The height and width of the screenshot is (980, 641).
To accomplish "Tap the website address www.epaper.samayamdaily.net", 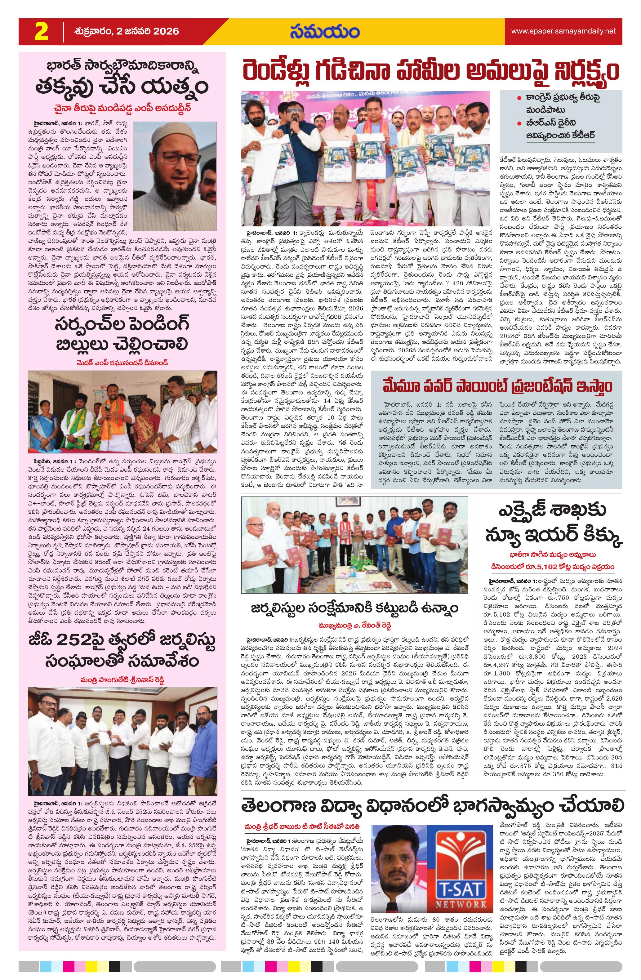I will coord(563,31).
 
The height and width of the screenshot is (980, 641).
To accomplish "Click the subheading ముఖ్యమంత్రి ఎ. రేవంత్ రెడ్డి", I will coord(354,626).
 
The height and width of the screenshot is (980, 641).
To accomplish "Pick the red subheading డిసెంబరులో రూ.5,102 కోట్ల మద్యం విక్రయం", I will coord(552,567).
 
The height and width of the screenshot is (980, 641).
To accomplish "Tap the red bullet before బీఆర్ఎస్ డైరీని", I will coord(520,123).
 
